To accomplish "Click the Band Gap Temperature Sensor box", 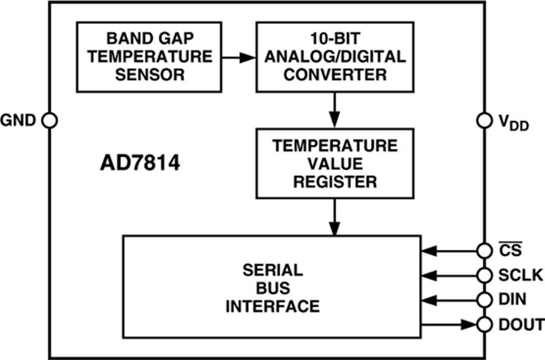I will tap(148, 57).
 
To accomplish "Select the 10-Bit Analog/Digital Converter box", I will tap(335, 57).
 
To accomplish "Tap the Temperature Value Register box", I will tap(335, 163).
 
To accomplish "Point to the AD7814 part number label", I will tap(140, 164).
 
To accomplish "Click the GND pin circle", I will tap(50, 120).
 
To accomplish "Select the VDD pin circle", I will tap(484, 120).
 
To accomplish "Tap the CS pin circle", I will tap(484, 250).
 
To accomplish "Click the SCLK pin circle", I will tap(484, 275).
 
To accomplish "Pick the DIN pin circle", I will tap(484, 299).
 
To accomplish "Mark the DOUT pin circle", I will tap(484, 324).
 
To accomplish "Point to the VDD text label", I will tap(514, 123).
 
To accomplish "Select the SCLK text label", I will tap(514, 275).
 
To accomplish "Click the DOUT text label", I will tap(519, 324).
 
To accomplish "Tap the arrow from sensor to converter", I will tap(238, 57).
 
